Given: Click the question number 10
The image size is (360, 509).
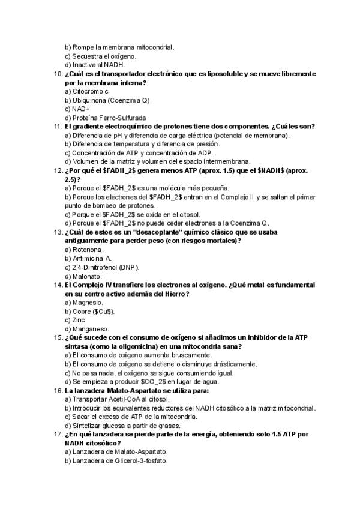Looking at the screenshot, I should coord(58,73).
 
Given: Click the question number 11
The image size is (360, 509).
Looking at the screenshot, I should coord(58,127).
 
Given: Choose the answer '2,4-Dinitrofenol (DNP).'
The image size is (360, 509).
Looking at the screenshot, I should coord(101,267).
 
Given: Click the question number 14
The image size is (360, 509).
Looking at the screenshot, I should coord(58,285).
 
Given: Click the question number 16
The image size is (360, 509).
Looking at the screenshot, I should coord(58,390).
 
